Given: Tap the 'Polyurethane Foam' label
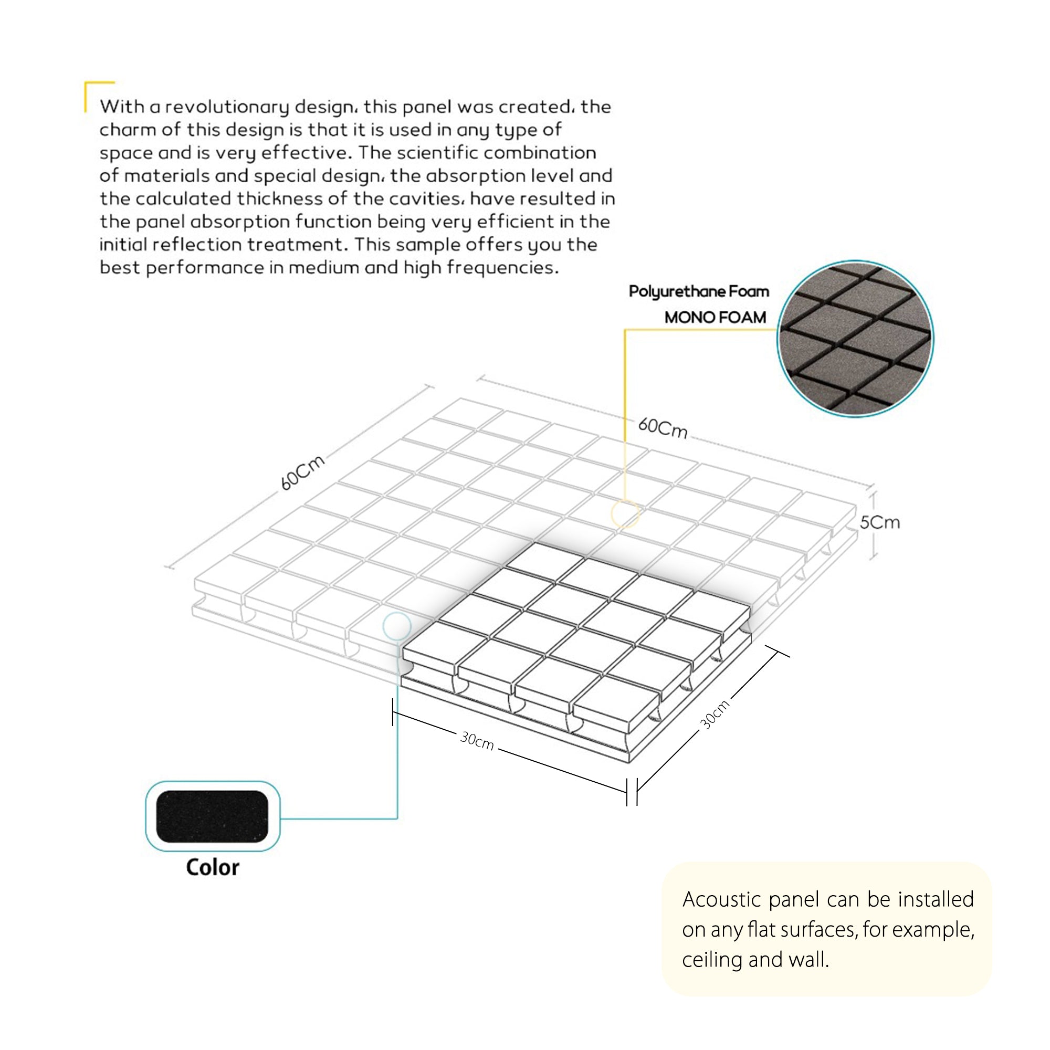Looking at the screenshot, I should (x=698, y=292).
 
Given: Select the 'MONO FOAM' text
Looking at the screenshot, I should (x=715, y=318).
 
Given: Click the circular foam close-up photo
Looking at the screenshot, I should (x=855, y=339).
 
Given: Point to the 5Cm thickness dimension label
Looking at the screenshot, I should (x=880, y=523).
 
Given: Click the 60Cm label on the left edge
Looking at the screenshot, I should (x=303, y=472).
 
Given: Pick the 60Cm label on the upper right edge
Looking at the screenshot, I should (x=663, y=428).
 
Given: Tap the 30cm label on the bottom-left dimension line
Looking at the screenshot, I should (x=477, y=741).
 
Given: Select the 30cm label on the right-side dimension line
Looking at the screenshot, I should (x=714, y=714).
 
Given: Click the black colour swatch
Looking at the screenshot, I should (x=212, y=816).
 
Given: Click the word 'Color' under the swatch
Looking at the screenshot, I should (x=213, y=867).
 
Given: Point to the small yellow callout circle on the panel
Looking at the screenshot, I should (x=624, y=513).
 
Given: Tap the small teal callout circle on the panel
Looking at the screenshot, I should (x=397, y=626).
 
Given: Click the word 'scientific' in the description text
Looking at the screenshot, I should (x=437, y=153).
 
